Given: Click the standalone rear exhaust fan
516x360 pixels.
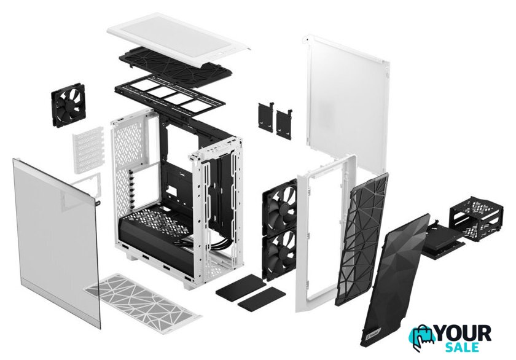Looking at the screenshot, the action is [68, 105].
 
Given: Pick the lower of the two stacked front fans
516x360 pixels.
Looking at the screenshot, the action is [279, 253].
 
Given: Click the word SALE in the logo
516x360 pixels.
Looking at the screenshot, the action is [463, 347].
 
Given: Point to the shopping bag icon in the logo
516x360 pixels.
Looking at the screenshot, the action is [423, 338].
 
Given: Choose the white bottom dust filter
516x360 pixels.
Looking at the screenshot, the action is [143, 303].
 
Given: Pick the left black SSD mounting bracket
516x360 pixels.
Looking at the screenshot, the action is [266, 117].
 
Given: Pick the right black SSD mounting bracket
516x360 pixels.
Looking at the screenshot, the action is [284, 122].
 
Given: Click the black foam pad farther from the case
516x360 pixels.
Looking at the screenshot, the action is [262, 299].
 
